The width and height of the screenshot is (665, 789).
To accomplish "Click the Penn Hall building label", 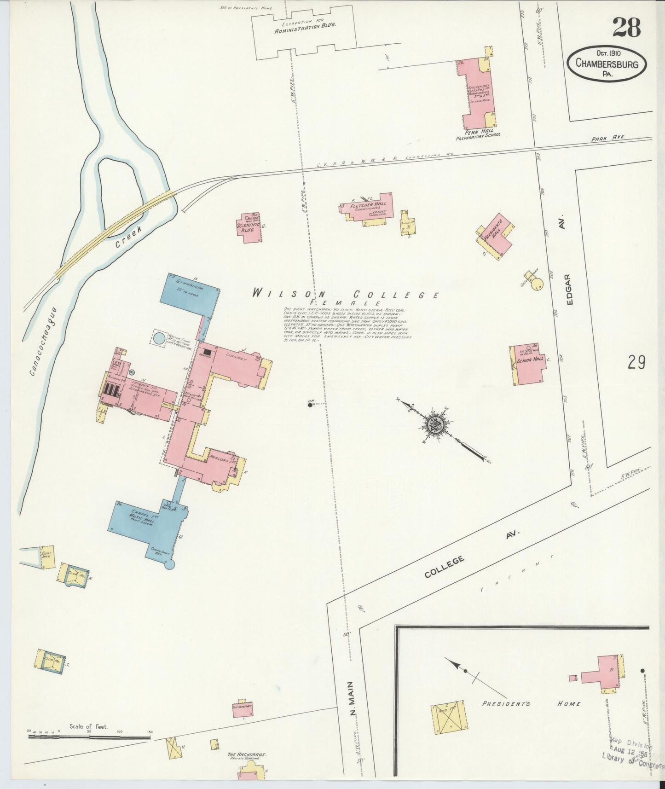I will tap(477, 131).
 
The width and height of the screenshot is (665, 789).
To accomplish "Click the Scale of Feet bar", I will tap(89, 737).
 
